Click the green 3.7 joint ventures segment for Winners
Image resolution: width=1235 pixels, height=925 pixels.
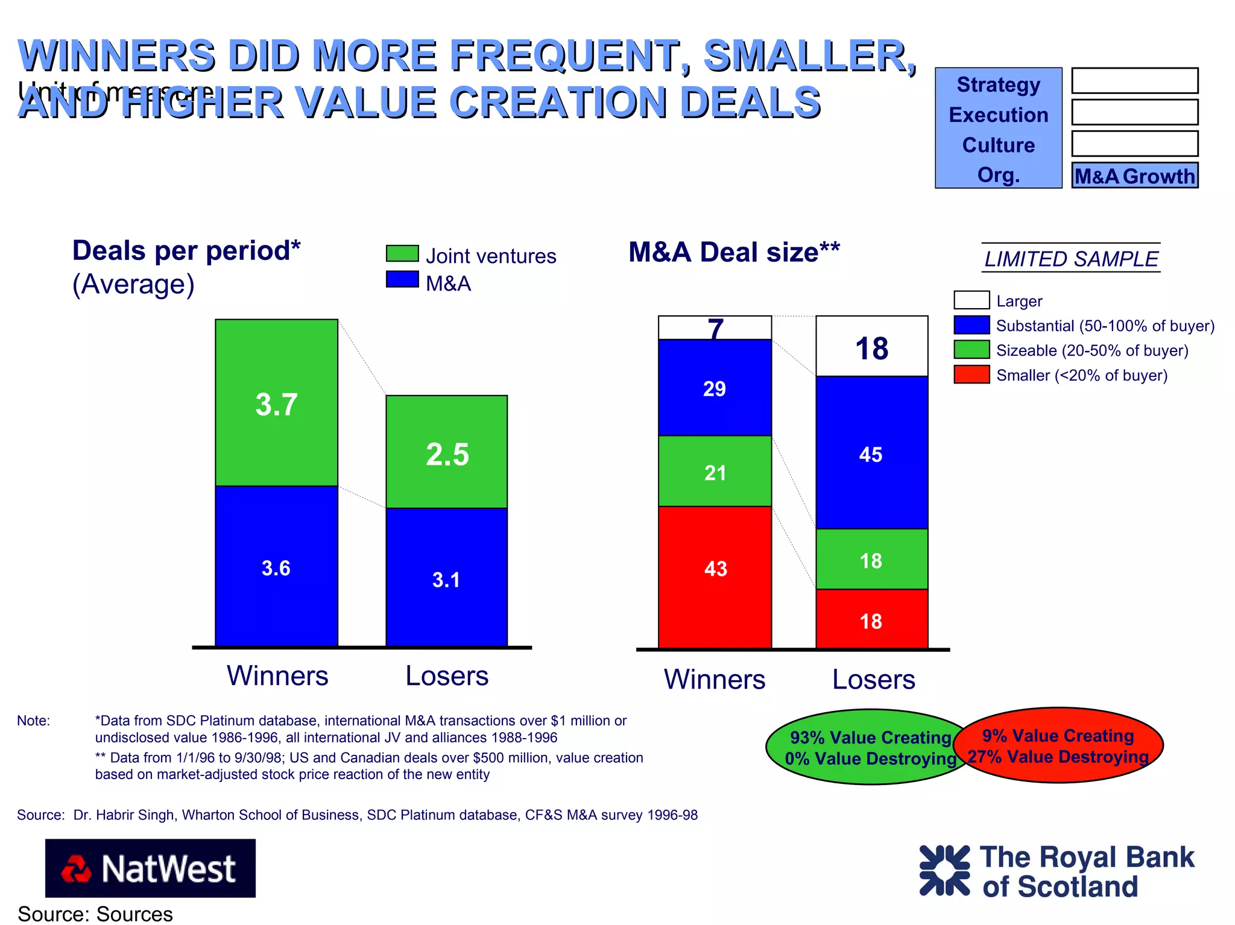click(x=276, y=403)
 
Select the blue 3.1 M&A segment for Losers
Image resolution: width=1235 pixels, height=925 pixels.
click(x=446, y=577)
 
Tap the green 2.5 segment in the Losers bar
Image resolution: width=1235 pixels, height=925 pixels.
click(x=446, y=452)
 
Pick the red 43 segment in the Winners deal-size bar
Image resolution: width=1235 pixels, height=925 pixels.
click(x=715, y=577)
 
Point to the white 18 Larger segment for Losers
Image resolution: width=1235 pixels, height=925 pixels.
click(x=871, y=346)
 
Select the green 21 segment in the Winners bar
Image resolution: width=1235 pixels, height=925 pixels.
click(x=715, y=471)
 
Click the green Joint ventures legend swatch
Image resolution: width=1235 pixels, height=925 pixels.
click(x=402, y=253)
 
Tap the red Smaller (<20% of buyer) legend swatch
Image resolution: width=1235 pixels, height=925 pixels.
click(x=971, y=374)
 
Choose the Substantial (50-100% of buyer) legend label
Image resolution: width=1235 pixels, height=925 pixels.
click(x=1105, y=326)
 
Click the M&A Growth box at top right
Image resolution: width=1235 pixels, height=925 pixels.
click(x=1134, y=175)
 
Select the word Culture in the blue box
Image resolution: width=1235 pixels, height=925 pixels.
click(x=998, y=145)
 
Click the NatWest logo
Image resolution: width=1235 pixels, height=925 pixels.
click(x=150, y=868)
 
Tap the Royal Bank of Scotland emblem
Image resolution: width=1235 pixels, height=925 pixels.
click(x=944, y=870)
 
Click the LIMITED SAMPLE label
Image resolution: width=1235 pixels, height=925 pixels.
click(x=1071, y=259)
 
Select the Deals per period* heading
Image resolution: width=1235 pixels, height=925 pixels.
click(x=186, y=250)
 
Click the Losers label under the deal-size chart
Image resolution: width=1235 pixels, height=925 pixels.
click(x=873, y=680)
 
